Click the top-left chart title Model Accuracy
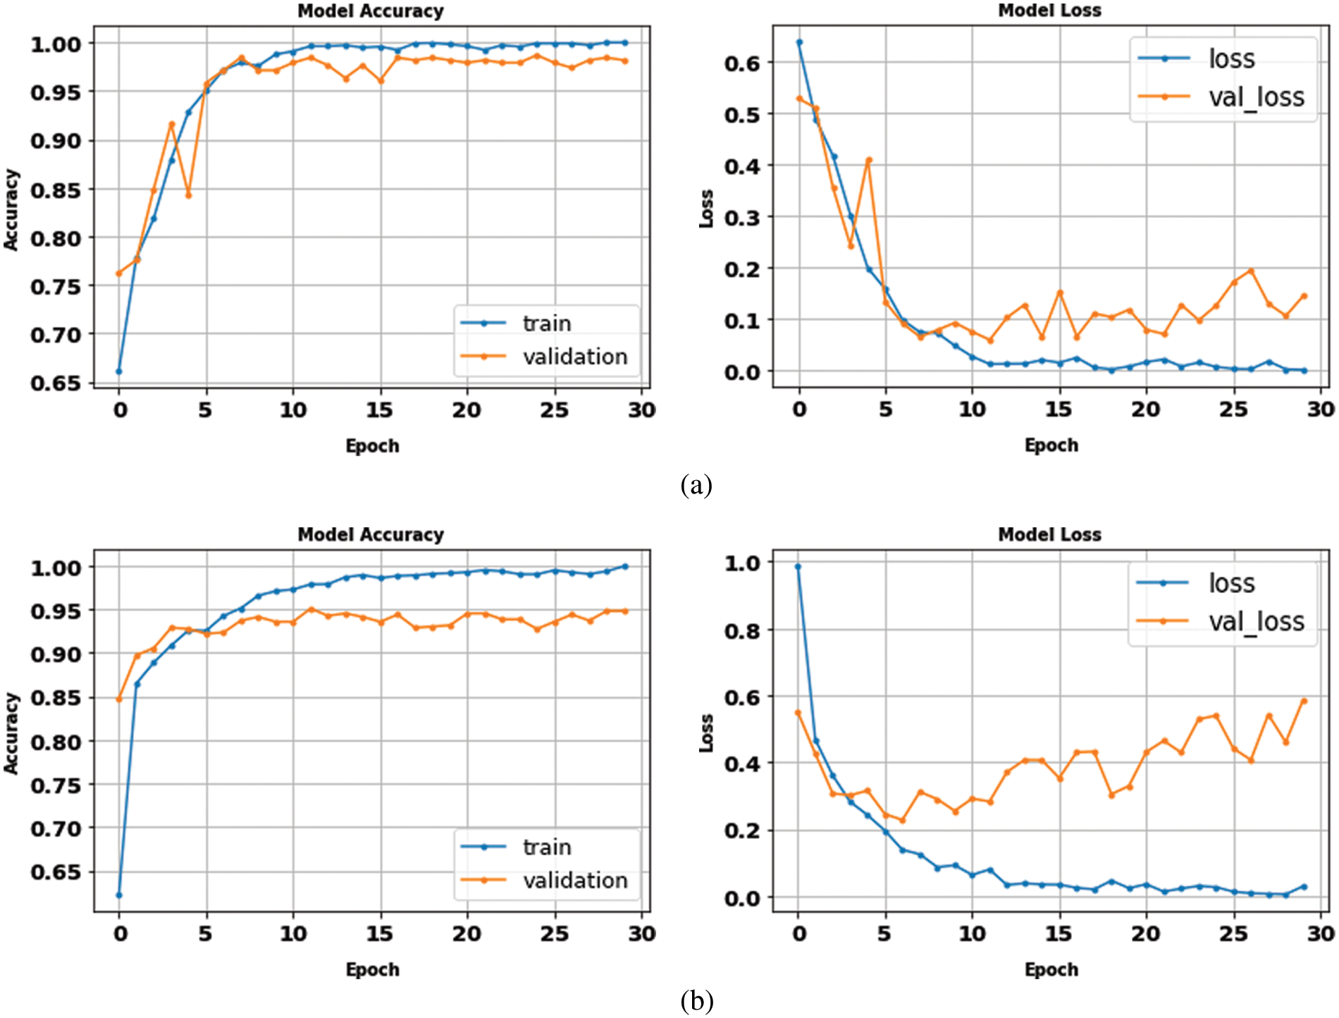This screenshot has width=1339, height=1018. tap(371, 11)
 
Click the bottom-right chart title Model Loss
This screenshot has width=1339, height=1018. tap(1049, 535)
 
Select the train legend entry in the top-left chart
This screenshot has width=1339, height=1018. tap(546, 324)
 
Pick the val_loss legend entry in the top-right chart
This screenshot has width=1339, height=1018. tap(1256, 97)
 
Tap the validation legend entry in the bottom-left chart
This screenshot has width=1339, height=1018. tap(574, 881)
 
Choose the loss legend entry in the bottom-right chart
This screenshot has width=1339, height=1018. tap(1231, 584)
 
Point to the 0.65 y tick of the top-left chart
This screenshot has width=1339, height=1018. tap(56, 384)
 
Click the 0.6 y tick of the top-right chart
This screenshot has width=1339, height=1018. tap(741, 63)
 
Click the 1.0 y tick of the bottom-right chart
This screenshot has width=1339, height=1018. tap(742, 563)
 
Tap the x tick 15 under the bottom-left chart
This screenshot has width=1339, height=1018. tap(379, 934)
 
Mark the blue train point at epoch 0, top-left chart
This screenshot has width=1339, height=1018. tap(119, 372)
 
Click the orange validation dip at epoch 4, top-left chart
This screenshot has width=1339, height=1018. tap(188, 195)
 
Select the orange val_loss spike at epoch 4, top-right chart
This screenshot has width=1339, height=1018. tap(869, 160)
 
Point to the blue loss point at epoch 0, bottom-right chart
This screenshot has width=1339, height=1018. tap(798, 567)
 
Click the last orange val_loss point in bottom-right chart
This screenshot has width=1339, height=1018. tap(1304, 701)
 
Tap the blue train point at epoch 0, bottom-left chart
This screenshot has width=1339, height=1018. tap(119, 895)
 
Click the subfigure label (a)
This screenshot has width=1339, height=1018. tap(696, 485)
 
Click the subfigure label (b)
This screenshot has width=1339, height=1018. tap(696, 1000)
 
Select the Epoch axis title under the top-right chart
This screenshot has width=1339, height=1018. tap(1051, 446)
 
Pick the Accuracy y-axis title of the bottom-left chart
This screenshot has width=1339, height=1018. tap(11, 733)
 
